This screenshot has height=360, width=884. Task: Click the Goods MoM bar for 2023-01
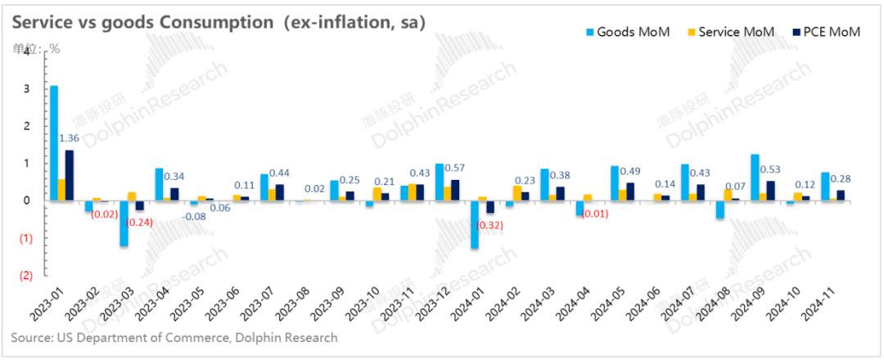click(x=54, y=143)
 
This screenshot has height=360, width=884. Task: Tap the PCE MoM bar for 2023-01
click(x=70, y=175)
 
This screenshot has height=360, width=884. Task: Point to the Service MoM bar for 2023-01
click(x=62, y=190)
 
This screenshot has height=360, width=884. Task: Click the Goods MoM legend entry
click(x=627, y=32)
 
